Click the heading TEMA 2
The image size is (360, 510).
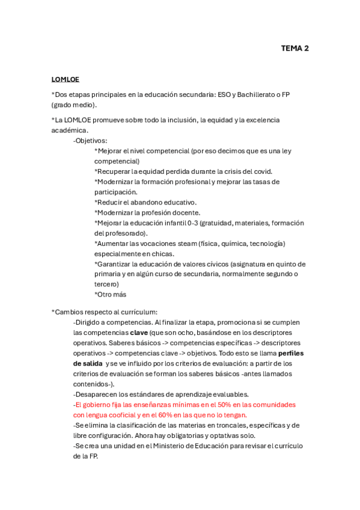(294, 49)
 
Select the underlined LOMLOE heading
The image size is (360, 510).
(65, 79)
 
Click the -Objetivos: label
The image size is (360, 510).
(90, 140)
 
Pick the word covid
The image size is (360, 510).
(260, 171)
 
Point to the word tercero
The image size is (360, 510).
(106, 284)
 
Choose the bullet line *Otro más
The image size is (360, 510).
(110, 294)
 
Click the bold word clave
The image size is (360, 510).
(139, 332)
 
